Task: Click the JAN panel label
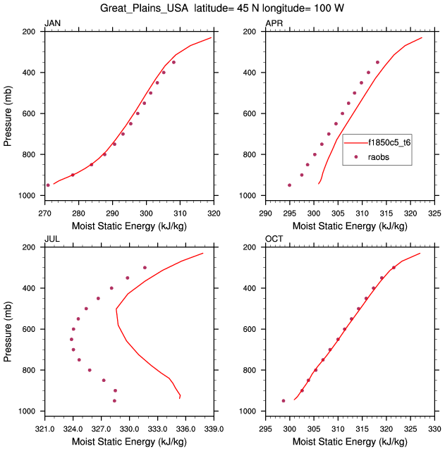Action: click(x=52, y=24)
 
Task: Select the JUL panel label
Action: click(x=51, y=240)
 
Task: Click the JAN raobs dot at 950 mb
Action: click(x=48, y=185)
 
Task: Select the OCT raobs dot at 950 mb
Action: click(x=284, y=401)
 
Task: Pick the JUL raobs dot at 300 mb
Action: click(x=145, y=268)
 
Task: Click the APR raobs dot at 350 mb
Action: click(x=377, y=62)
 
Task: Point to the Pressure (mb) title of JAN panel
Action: click(x=8, y=112)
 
